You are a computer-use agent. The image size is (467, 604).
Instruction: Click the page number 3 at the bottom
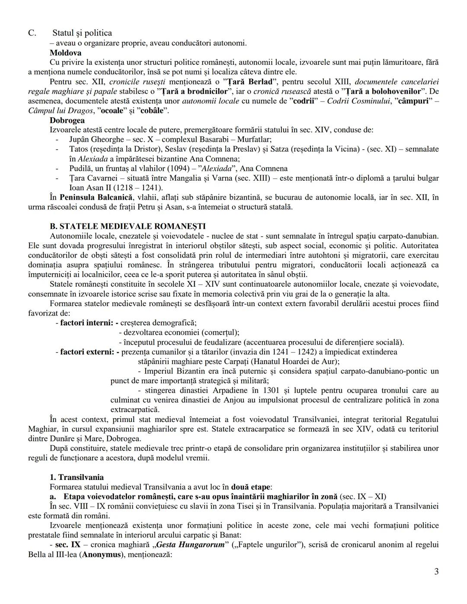[x=436, y=572]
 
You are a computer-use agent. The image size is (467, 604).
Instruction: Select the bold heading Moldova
[x=65, y=53]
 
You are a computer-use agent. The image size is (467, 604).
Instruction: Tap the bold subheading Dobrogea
[x=67, y=120]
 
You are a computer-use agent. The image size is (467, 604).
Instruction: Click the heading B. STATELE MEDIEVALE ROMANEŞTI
[x=128, y=226]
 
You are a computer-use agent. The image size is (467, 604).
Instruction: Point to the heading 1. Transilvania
[x=77, y=477]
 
